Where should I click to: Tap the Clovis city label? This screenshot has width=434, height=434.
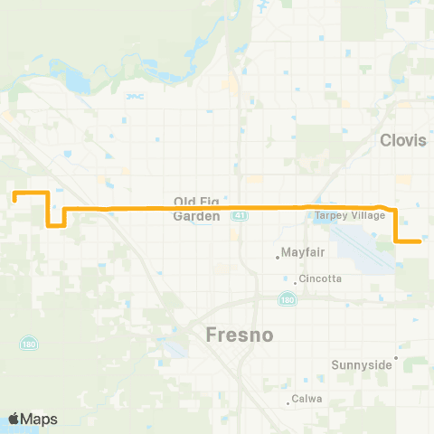click(403, 140)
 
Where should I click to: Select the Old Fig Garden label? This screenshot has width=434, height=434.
click(197, 209)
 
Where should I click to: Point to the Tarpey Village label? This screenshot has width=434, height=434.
click(350, 216)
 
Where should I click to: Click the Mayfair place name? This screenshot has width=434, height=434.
click(302, 256)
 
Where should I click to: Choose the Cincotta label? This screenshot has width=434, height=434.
click(323, 278)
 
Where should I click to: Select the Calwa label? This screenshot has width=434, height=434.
click(303, 399)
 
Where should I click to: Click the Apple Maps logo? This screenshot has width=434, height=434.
click(33, 418)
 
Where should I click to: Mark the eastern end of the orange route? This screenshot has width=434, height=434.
click(421, 241)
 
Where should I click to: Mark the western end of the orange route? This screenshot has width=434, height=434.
click(14, 193)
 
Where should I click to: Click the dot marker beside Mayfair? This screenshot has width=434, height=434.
click(278, 257)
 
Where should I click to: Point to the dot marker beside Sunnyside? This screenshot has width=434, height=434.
click(395, 358)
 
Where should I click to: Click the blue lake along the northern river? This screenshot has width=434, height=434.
click(77, 86)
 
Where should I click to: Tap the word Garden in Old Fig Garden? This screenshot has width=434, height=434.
click(197, 217)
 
